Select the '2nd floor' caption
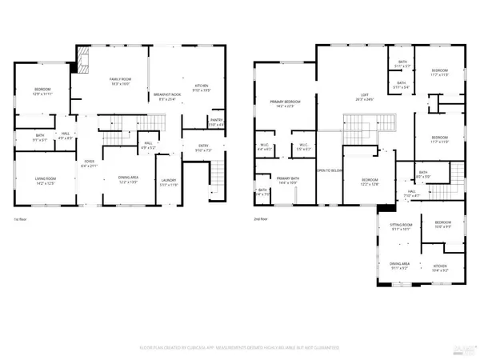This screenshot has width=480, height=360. click(x=262, y=218)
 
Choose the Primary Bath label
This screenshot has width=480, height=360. click(x=287, y=180)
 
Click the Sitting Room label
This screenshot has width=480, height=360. click(x=402, y=226)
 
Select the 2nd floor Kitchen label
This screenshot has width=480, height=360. click(x=439, y=269)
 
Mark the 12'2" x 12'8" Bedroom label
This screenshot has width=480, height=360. click(x=369, y=182)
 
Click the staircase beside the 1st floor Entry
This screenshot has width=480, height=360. click(x=214, y=173)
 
